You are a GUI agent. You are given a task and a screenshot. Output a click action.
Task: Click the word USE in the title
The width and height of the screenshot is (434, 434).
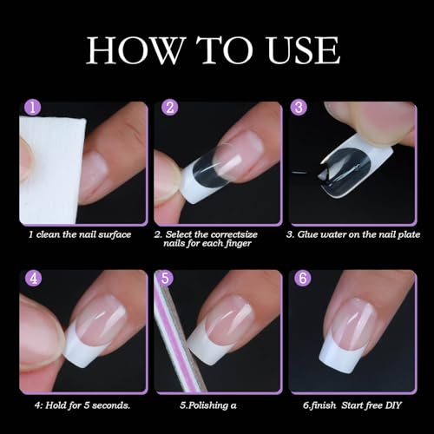tap(304, 50)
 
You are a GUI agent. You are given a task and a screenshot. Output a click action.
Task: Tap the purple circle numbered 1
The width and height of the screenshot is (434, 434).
tap(32, 108)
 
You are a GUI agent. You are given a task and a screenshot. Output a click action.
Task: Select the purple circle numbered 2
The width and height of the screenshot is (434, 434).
tap(170, 108)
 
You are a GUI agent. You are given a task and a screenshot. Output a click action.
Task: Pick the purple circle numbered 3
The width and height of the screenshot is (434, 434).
tap(299, 108)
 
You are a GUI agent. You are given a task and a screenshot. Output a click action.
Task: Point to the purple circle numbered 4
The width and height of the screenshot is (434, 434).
tap(34, 279)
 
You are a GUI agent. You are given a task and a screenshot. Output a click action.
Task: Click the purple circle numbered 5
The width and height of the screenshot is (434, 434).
tap(165, 279)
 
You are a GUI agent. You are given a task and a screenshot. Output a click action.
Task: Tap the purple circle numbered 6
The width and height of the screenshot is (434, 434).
tap(303, 279)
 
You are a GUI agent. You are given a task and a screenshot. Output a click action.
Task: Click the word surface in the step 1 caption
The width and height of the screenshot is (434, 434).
tap(115, 234)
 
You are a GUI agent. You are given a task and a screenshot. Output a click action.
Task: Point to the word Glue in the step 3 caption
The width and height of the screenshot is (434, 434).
tap(308, 234)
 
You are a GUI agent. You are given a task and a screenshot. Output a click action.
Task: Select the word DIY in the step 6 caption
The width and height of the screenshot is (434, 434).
tap(393, 405)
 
